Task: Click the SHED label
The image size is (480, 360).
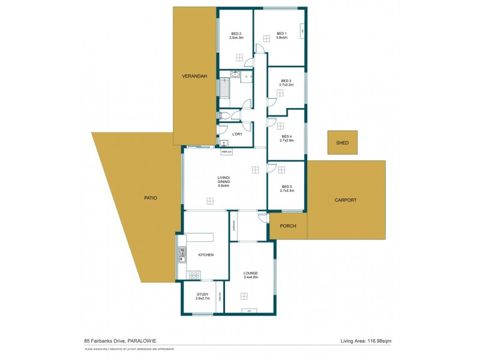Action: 342,143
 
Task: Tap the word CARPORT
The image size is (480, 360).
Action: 346,200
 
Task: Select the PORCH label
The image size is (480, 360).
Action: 288,227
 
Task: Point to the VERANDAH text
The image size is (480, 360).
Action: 194,76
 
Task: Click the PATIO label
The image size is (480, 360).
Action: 150,198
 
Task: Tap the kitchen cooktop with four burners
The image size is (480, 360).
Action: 194,275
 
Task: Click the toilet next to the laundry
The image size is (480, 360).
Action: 223,116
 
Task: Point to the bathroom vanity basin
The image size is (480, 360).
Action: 235,75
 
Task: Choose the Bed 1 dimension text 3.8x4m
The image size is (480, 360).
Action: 282,37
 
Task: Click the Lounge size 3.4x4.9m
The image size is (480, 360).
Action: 250,277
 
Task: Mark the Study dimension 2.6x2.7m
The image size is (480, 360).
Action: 203,298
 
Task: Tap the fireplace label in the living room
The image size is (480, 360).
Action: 226,152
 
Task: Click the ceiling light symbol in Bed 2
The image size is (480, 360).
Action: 239,58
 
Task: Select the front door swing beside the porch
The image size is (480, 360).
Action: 262,218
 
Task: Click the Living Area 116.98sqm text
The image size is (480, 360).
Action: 365,341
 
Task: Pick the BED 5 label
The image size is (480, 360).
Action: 287,187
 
